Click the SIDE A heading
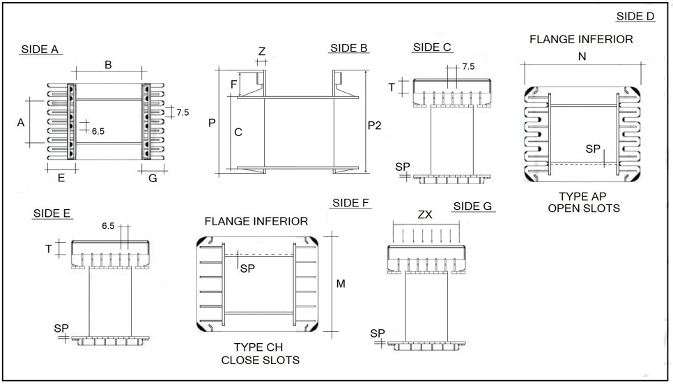pos(40,49)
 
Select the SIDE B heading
pos(349,48)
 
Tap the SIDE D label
pos(635,17)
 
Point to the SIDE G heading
pos(472,206)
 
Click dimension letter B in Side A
pos(108,65)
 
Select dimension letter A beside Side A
pos(21,122)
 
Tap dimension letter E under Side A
pos(61,178)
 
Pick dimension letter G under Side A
pos(153,178)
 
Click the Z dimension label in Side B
pos(262,52)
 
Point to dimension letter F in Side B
pos(233,84)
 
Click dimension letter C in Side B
pos(238,132)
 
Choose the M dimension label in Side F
pos(341,284)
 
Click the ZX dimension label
pos(425,215)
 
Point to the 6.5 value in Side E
pos(108,226)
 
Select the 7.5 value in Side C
pos(468,67)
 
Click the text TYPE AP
pos(583,197)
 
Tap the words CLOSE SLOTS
pos(260,360)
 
